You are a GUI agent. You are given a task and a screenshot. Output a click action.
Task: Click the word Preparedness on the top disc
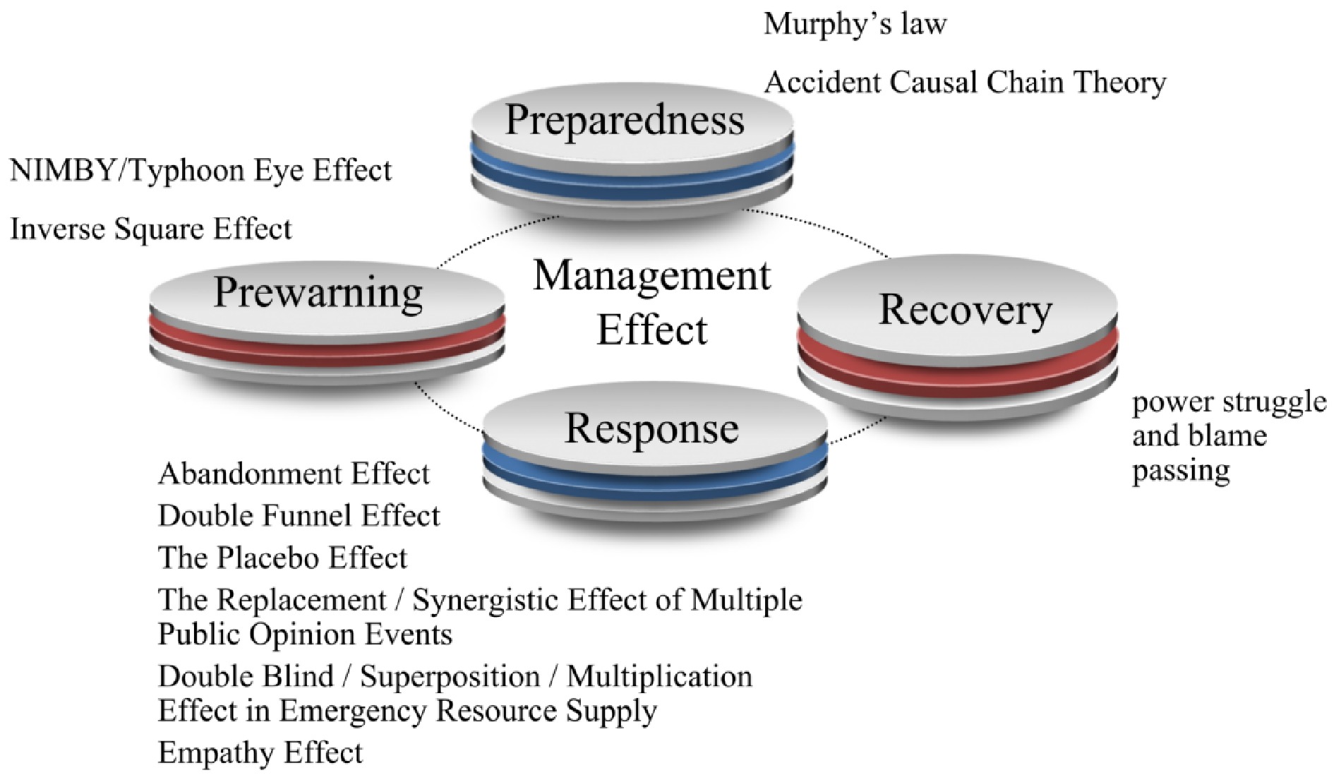pos(625,120)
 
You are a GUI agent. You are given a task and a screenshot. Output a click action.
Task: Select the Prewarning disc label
pos(318,292)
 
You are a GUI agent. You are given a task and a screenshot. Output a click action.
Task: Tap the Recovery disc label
pos(965,310)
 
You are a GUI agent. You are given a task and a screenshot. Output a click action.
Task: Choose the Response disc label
pos(651,428)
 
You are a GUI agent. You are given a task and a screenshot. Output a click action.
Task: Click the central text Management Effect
pos(651,302)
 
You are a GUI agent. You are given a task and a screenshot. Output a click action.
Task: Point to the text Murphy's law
pos(855,25)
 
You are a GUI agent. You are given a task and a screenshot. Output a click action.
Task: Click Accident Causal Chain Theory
pos(965,83)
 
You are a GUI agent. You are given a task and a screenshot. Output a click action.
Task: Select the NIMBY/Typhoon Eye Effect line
pos(201,171)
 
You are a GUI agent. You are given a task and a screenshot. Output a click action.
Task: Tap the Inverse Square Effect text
pos(151,229)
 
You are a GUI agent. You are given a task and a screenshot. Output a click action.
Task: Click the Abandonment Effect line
pos(294,474)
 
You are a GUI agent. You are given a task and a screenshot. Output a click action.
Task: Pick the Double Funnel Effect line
pos(299,516)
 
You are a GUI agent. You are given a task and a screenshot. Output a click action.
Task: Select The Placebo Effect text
pos(282,558)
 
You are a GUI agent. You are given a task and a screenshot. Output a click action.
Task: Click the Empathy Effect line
pos(260,753)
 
